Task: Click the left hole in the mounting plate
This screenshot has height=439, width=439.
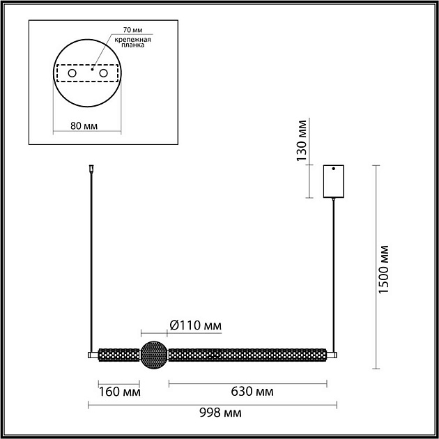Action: (72, 73)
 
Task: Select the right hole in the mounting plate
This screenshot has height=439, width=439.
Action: (104, 73)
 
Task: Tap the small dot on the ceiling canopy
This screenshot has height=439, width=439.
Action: (334, 169)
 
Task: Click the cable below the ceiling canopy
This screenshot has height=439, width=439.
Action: (334, 272)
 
